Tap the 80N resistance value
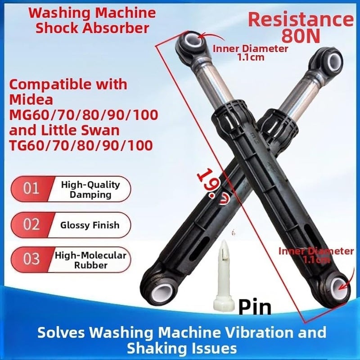point(301,36)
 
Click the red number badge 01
point(31,189)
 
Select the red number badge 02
point(31,224)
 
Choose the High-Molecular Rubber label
point(90,260)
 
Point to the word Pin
point(255,307)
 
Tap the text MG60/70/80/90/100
point(84,115)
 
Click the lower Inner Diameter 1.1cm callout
point(316,255)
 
